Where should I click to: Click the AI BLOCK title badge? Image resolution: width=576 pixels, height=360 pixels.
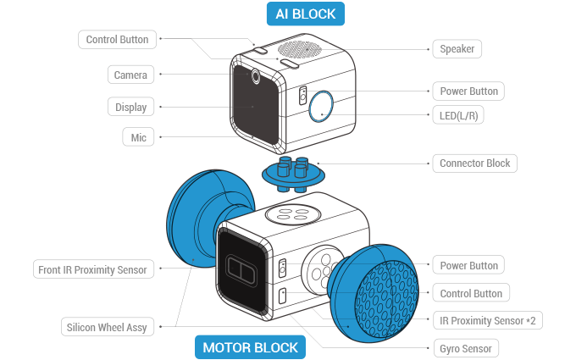click(306, 14)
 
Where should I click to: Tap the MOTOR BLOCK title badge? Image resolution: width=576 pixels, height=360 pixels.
click(250, 347)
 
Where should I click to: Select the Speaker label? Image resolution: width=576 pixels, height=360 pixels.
click(457, 49)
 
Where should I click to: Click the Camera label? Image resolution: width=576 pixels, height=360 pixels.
click(130, 75)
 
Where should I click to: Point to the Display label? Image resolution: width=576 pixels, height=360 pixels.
click(130, 107)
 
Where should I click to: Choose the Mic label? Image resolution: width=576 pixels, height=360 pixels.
click(134, 137)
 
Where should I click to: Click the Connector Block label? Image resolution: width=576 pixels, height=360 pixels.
click(474, 163)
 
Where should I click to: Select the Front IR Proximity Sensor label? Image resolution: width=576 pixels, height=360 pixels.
click(92, 269)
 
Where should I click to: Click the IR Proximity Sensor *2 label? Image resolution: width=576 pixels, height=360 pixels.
click(486, 320)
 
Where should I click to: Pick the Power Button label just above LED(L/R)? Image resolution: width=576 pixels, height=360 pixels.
click(468, 91)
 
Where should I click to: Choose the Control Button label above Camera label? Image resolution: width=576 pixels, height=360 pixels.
click(118, 39)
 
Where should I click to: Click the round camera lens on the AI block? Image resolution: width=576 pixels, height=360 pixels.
click(255, 76)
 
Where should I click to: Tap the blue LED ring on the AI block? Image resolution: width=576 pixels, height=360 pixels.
click(321, 106)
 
